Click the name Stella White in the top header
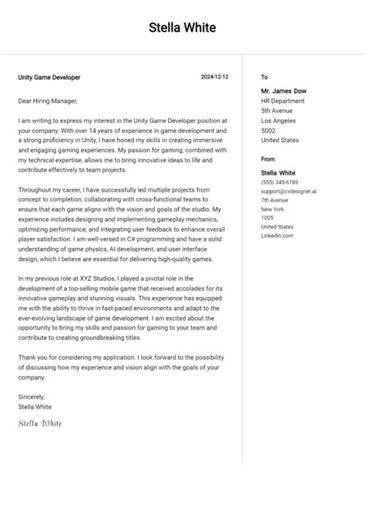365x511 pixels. tap(182, 28)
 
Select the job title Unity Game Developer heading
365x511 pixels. tap(49, 78)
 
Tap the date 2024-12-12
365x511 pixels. tap(215, 78)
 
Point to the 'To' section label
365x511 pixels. tap(264, 78)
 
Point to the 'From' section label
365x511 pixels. tap(268, 159)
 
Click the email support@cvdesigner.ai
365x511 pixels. tap(289, 191)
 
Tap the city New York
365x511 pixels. tap(273, 209)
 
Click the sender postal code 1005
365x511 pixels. tap(267, 219)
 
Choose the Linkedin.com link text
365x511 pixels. tap(277, 236)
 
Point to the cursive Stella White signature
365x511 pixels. tap(40, 423)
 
